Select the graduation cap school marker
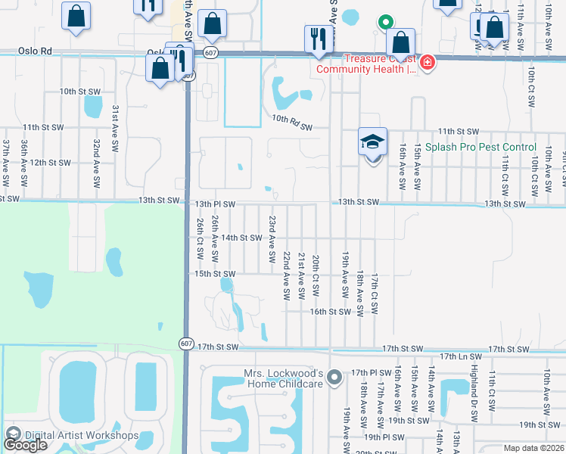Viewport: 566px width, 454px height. [372, 142]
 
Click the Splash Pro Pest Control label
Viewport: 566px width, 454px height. [480, 147]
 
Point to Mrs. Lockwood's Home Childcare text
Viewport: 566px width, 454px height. [283, 378]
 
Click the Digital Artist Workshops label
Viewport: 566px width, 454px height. [81, 435]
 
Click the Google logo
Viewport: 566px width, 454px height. [25, 445]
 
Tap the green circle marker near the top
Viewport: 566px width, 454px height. [385, 23]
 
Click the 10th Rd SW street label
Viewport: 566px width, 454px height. [291, 119]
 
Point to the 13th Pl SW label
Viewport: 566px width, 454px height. [216, 204]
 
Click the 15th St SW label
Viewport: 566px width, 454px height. [216, 273]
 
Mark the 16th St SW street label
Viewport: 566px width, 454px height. [330, 311]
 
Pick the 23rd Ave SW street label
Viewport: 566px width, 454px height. [271, 238]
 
